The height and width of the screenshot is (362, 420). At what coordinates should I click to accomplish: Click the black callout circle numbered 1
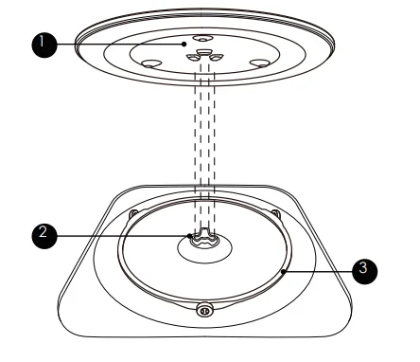[44, 45]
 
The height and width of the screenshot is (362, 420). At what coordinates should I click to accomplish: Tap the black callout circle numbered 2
[44, 236]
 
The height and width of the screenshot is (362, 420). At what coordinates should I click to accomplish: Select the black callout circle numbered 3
[364, 271]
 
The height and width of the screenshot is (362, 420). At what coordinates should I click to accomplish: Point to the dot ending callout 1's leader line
[184, 45]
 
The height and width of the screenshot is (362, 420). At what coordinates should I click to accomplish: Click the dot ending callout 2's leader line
[189, 236]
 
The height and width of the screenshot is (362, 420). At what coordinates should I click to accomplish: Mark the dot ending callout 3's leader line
[284, 271]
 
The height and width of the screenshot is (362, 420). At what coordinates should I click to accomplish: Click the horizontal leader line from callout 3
[318, 271]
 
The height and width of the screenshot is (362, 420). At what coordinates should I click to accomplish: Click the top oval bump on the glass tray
[202, 39]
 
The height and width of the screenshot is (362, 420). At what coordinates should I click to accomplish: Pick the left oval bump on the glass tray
[149, 63]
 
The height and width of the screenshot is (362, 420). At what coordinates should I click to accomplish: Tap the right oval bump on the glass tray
[259, 63]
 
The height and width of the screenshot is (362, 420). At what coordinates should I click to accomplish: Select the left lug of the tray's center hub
[192, 57]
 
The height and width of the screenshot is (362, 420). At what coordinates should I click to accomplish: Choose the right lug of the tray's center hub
[217, 57]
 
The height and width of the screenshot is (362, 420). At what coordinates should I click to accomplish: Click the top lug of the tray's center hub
[204, 51]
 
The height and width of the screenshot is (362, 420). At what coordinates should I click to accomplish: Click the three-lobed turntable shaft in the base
[204, 238]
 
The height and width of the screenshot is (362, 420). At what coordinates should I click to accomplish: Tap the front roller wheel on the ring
[204, 310]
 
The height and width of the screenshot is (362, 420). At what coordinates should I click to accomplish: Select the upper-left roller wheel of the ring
[133, 213]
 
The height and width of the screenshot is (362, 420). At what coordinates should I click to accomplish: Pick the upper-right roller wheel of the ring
[275, 213]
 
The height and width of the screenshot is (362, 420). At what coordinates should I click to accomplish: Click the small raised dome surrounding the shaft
[204, 248]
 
